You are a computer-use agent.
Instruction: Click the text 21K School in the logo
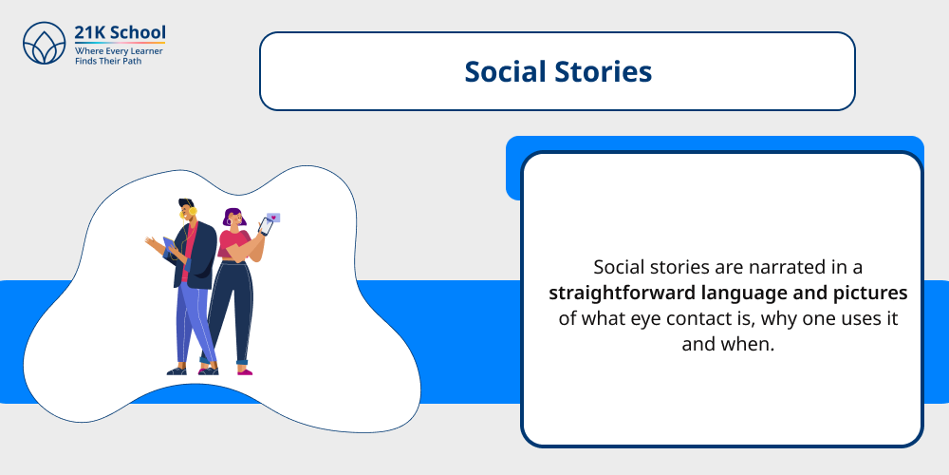tap(120, 32)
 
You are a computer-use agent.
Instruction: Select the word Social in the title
tap(504, 72)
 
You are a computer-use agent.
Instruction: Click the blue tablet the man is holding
tap(171, 249)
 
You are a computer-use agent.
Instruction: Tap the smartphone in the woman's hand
tap(265, 226)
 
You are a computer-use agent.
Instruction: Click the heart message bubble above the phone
tap(274, 217)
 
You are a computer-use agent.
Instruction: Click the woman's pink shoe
tap(245, 370)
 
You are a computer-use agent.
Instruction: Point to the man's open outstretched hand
tap(152, 243)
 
